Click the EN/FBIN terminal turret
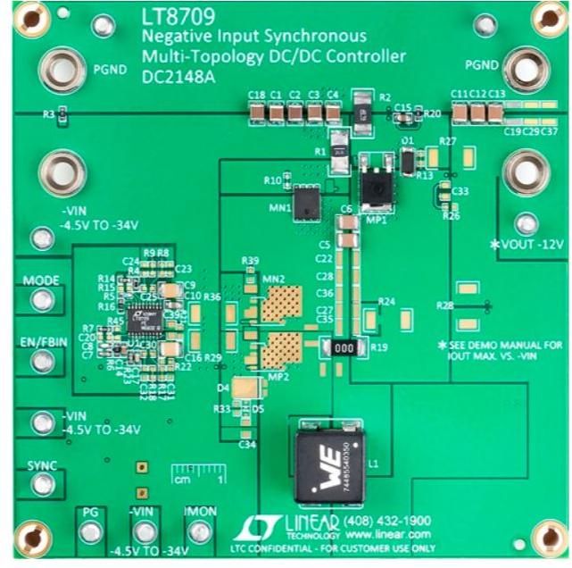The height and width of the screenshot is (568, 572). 39,361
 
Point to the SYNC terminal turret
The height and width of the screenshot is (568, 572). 39,483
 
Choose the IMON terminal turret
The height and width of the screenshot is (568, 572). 200,533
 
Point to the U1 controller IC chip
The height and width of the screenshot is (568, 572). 143,317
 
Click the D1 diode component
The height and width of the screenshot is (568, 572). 409,160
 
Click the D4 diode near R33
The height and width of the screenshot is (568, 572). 242,388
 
